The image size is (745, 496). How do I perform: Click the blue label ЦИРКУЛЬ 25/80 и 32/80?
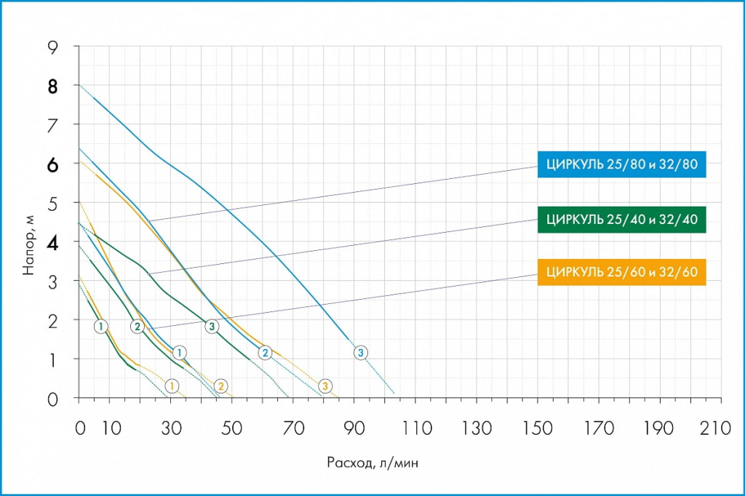click(621, 164)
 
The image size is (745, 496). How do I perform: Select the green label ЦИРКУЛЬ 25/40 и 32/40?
click(621, 219)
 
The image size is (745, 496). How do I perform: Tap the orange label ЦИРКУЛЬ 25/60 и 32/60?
click(621, 272)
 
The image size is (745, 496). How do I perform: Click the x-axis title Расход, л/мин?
click(372, 462)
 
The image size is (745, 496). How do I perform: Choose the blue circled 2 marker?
click(266, 353)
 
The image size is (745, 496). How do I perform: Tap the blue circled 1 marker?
click(179, 353)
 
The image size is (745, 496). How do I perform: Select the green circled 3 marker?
click(212, 326)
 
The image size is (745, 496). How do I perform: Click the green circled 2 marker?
click(137, 327)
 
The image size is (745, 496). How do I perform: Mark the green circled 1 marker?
click(100, 326)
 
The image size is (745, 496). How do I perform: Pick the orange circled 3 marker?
click(325, 385)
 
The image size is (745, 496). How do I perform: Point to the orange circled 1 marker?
click(172, 385)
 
